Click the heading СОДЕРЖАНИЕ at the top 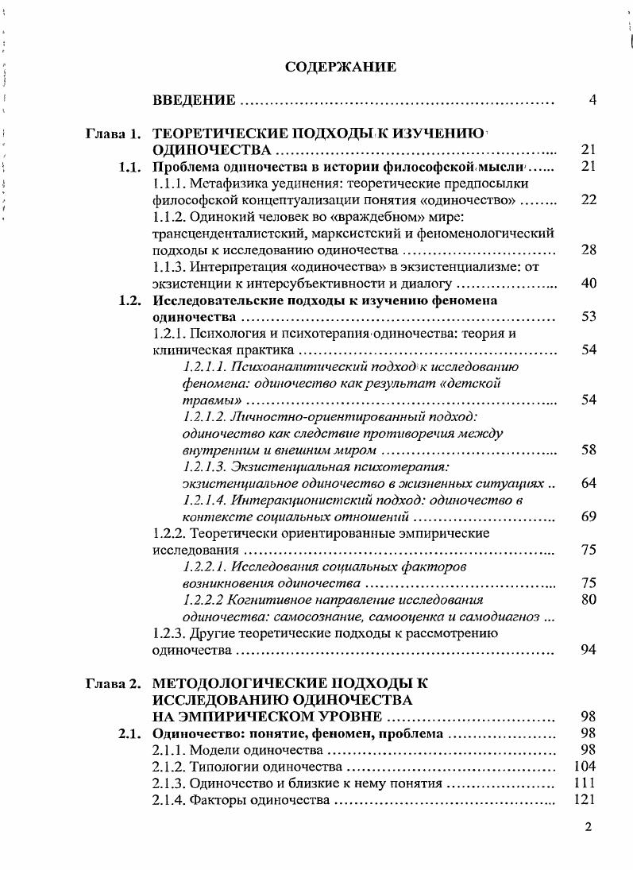(340, 68)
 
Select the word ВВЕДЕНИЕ (193, 100)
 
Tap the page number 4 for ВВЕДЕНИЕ (592, 100)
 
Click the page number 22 (589, 199)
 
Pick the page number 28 (589, 250)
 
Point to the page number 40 (589, 284)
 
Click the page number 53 (589, 317)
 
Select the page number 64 (589, 483)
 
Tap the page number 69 (589, 517)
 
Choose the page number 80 (589, 600)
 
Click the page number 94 (589, 650)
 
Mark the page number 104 (585, 767)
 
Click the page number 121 (585, 800)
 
